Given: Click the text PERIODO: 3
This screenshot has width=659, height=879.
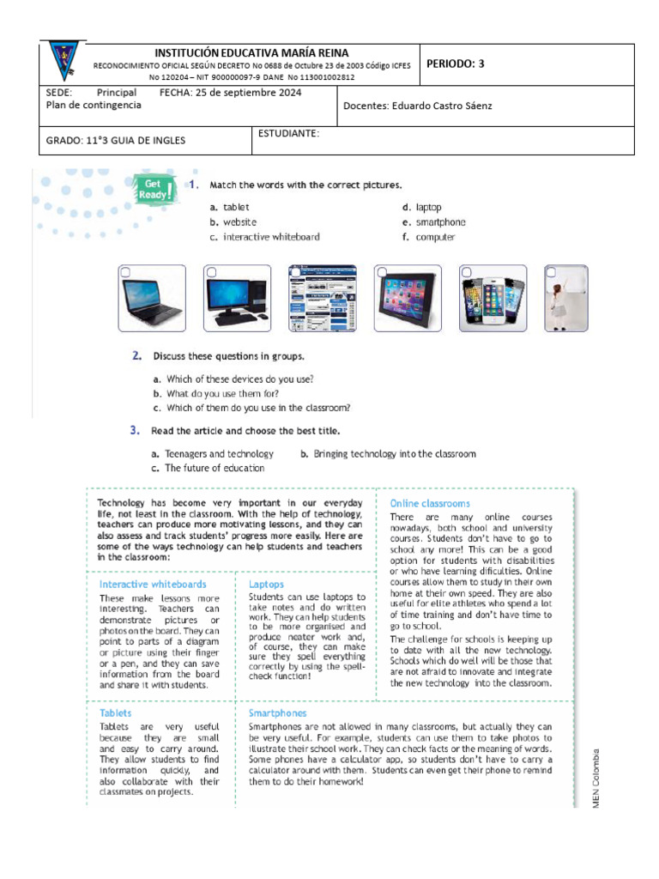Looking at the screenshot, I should pos(456,64).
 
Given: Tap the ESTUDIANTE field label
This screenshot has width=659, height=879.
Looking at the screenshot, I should pos(288,133).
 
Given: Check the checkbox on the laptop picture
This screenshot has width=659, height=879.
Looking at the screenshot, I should pos(126,272).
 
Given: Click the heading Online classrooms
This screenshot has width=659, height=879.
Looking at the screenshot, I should pos(430,503).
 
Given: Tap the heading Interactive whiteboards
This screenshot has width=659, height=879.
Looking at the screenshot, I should pos(153,584).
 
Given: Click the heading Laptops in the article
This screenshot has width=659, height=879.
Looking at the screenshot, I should pos(266,584).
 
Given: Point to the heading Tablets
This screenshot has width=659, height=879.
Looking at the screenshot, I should pos(116,712).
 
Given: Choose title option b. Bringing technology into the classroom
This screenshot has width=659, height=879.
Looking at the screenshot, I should pos(388,454).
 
